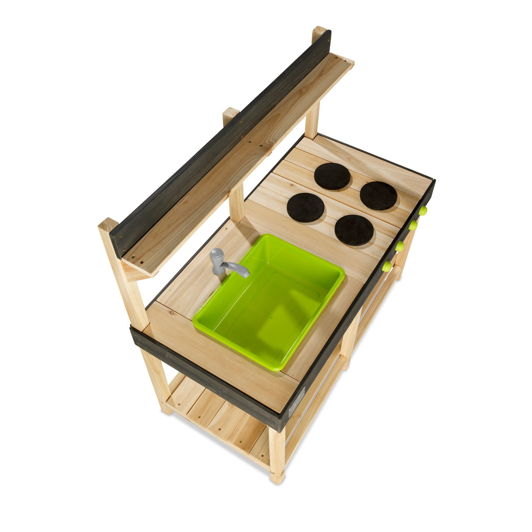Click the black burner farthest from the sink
[x=332, y=176]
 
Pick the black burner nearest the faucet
[x=305, y=207]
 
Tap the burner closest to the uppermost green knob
[x=379, y=195]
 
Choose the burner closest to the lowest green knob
[x=354, y=230]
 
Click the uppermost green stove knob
[x=423, y=211]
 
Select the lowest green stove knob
[x=387, y=266]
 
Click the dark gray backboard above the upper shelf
[x=219, y=140]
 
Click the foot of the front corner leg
[x=277, y=478]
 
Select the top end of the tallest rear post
[x=319, y=32]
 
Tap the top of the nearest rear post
[x=108, y=224]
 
